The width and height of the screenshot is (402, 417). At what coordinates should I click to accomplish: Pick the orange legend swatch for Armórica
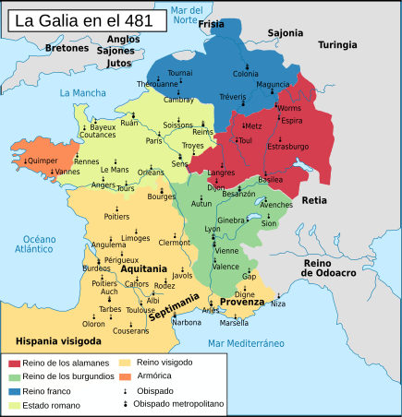click(x=127, y=376)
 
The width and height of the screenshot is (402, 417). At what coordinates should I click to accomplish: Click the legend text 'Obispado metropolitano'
click(x=177, y=404)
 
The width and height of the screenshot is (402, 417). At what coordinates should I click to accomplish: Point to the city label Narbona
click(x=186, y=322)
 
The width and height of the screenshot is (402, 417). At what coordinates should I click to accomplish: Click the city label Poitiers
click(x=116, y=217)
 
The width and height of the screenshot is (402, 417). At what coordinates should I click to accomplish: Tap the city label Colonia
click(x=246, y=73)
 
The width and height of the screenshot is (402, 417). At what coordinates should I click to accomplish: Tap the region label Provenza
click(x=242, y=303)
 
